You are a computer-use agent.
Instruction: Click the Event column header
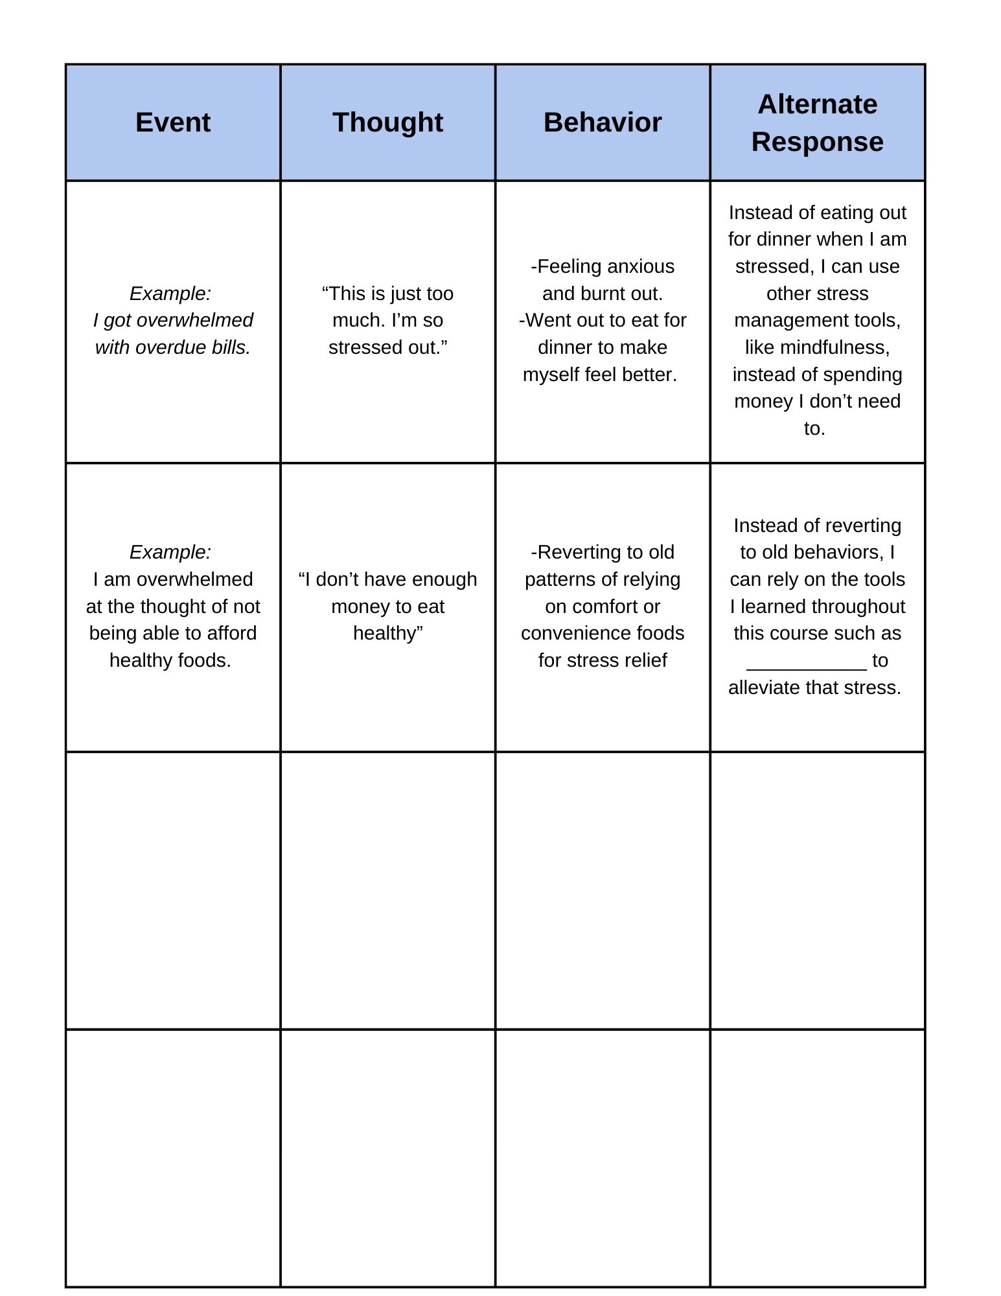click(173, 122)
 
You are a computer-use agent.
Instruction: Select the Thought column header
click(387, 122)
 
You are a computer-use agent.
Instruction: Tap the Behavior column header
click(603, 122)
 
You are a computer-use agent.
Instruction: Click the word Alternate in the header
click(817, 104)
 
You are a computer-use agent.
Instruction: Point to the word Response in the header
click(817, 142)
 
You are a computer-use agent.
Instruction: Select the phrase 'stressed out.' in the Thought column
click(387, 347)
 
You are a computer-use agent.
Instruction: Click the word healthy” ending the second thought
click(387, 633)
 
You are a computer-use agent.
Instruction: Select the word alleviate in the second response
click(763, 688)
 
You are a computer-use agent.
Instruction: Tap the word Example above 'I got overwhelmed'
click(170, 294)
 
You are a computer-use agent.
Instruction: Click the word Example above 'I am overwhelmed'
click(170, 552)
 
